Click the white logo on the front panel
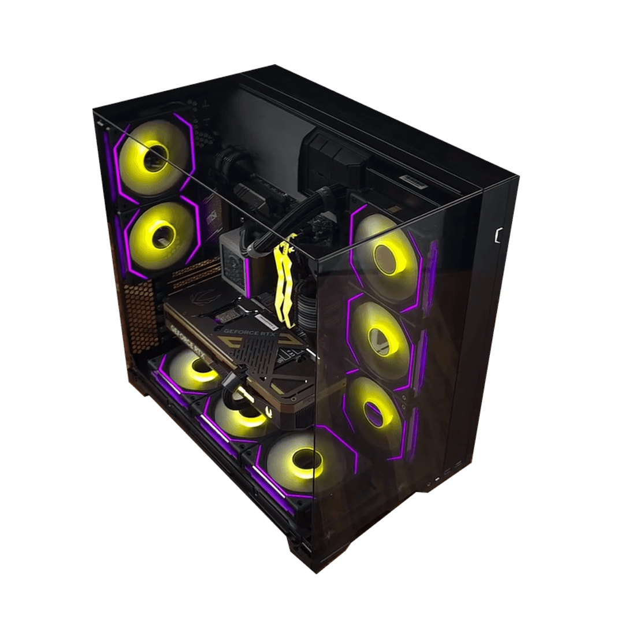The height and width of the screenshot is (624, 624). (497, 235)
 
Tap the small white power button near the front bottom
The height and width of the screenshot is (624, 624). (437, 479)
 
